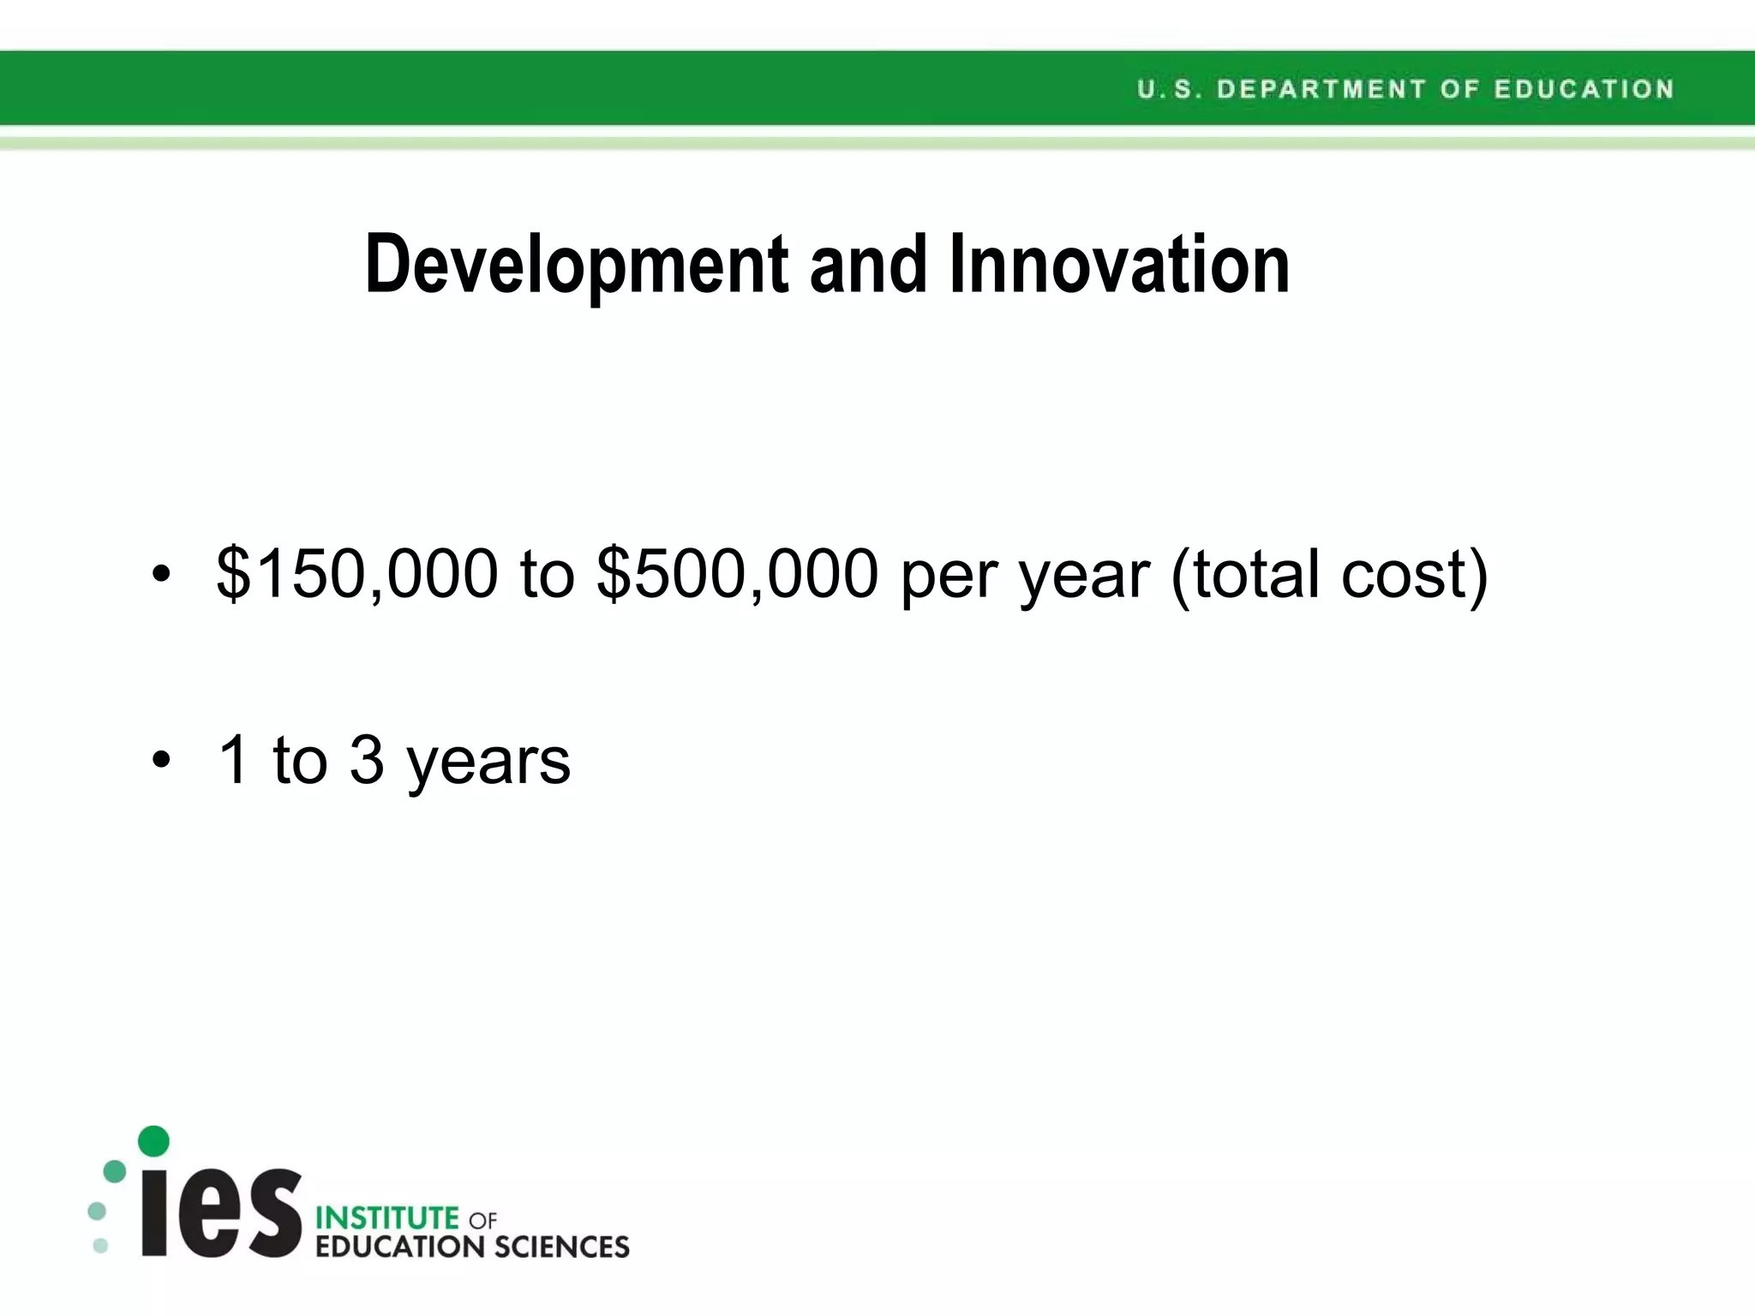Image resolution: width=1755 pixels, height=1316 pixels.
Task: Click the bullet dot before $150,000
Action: (161, 575)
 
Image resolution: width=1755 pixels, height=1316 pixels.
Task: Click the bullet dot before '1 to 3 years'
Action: (161, 760)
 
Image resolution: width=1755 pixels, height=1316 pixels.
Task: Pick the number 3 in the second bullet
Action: (367, 759)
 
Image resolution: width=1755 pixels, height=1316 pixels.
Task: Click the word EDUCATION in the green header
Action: (1584, 89)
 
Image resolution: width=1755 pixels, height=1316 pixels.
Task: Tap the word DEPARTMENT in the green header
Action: (1321, 89)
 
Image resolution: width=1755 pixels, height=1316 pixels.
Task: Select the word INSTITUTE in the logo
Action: (387, 1217)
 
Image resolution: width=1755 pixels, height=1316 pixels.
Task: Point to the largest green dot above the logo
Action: (153, 1140)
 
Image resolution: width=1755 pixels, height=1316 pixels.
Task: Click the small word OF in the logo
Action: (482, 1219)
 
